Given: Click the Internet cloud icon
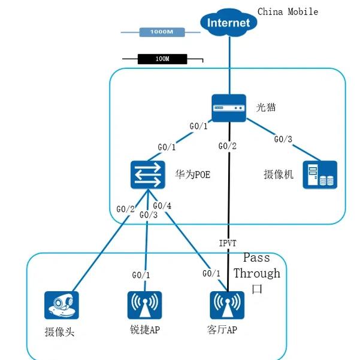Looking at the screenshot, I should (x=228, y=23).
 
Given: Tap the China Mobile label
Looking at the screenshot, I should (x=288, y=11).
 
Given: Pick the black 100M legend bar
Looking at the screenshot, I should (x=162, y=59).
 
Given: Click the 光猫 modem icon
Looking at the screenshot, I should (x=229, y=107).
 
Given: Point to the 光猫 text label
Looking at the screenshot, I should (x=266, y=107).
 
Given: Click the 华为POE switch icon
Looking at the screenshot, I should (x=147, y=175).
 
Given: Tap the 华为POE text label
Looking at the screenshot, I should (x=193, y=176).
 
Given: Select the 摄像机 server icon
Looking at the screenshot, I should (x=319, y=175).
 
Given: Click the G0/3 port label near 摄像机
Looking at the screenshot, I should (x=283, y=140).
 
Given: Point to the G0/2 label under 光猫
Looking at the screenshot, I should (x=228, y=146).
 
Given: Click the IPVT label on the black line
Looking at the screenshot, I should (x=228, y=244).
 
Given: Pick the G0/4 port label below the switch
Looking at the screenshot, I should (x=162, y=207).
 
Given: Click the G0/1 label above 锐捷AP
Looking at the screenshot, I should (x=141, y=275).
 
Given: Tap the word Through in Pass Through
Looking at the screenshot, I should (x=257, y=274).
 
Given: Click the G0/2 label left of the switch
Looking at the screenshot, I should (x=125, y=209).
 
